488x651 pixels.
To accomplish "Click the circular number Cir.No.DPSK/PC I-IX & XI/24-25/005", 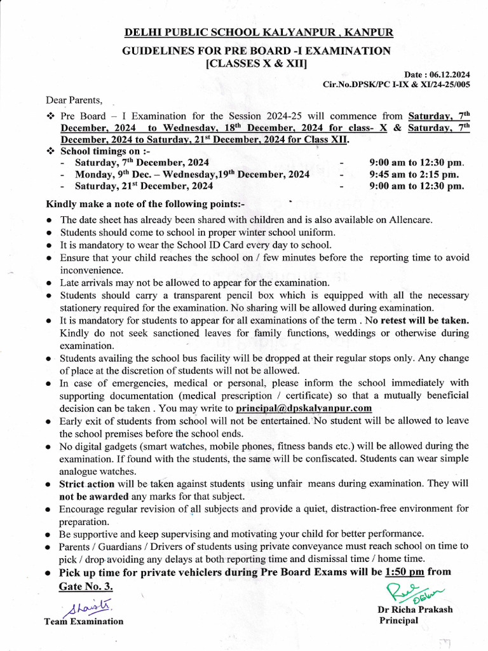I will (397, 84).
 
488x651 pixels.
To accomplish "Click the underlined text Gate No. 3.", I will (86, 585).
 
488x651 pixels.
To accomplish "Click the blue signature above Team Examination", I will (91, 607).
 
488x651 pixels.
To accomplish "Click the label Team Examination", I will (84, 621).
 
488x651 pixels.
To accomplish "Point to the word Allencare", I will (410, 220).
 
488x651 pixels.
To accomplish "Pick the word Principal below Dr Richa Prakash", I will (398, 620).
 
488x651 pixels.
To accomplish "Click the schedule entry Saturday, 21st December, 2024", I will (144, 186).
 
